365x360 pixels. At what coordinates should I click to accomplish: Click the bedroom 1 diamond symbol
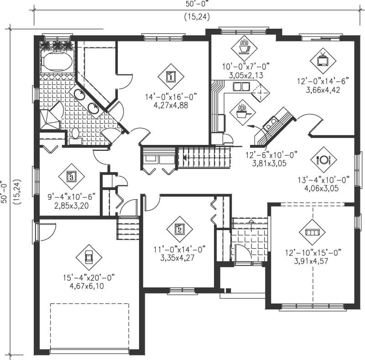170,76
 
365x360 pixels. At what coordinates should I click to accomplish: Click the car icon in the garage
89,256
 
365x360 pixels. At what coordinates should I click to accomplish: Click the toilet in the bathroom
75,136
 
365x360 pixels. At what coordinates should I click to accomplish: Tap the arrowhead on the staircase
185,158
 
